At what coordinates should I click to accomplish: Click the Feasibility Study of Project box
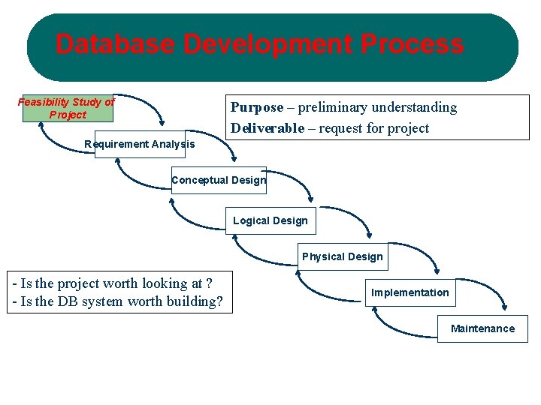pos(68,109)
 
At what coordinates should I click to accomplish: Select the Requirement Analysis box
pos(140,144)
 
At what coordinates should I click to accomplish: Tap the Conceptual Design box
pos(219,180)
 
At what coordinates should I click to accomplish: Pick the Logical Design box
pos(270,220)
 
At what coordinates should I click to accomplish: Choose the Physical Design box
pos(343,256)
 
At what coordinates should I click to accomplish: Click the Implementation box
pos(410,292)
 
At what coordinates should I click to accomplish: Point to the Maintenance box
pos(482,328)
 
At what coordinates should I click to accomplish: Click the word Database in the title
pos(115,44)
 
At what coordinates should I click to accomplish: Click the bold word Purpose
pos(257,107)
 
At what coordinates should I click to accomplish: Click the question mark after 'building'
pos(219,302)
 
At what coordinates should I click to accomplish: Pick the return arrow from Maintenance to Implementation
pos(398,326)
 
